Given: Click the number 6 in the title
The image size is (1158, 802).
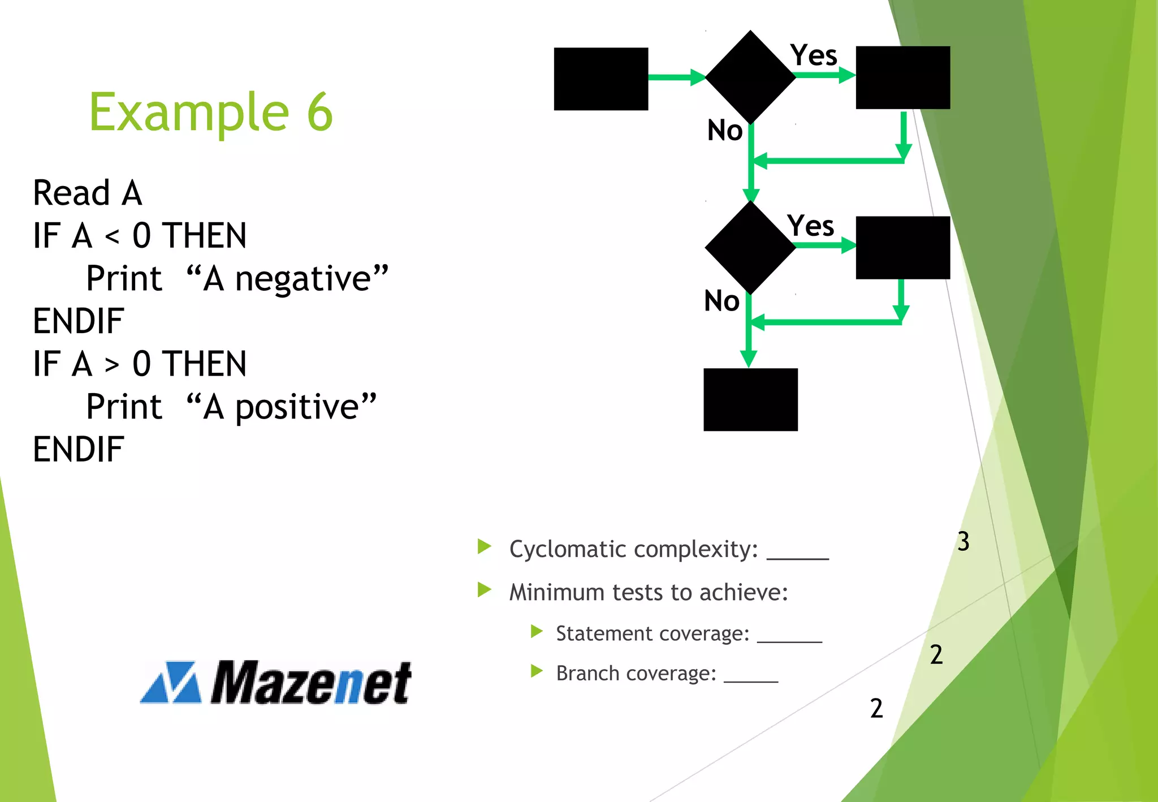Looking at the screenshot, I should [320, 112].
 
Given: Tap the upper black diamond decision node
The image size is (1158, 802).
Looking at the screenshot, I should [750, 77].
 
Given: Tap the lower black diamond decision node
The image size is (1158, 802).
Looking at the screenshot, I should [750, 247].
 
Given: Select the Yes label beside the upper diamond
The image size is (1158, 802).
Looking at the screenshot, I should [814, 55].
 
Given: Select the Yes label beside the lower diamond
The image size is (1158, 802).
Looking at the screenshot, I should [811, 226].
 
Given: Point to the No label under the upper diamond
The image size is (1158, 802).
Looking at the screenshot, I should [725, 131].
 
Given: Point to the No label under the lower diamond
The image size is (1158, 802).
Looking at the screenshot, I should [721, 301].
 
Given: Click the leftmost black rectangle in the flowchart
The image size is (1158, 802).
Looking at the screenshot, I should [600, 79].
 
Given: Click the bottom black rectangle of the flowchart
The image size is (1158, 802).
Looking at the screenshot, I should [750, 399].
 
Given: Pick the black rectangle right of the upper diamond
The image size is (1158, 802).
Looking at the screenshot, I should [902, 77].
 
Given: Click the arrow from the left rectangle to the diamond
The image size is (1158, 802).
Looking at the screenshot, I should [676, 77].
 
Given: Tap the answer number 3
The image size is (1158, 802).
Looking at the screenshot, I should [963, 541].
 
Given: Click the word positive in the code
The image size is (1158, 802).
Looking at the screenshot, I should [297, 407].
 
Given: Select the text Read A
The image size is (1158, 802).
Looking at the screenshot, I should [88, 193].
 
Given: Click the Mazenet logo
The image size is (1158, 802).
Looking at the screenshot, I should [276, 682].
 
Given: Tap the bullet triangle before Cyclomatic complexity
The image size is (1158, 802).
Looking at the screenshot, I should [485, 546].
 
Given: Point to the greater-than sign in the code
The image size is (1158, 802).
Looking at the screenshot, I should [112, 364].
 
